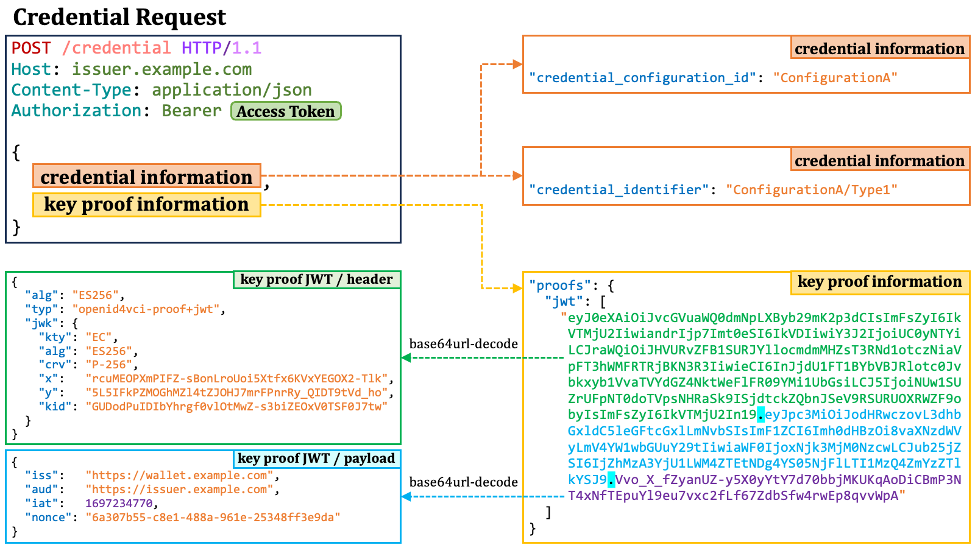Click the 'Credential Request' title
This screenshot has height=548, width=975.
pyautogui.click(x=119, y=17)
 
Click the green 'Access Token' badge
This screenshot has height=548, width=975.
pyautogui.click(x=286, y=111)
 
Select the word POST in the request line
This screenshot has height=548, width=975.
pyautogui.click(x=31, y=48)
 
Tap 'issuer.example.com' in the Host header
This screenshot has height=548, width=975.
pyautogui.click(x=161, y=69)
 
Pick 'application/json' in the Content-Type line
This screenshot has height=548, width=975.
pyautogui.click(x=232, y=90)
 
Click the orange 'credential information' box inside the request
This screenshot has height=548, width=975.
pyautogui.click(x=146, y=177)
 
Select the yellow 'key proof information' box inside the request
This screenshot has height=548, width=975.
pyautogui.click(x=146, y=205)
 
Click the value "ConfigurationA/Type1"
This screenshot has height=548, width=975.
pyautogui.click(x=812, y=190)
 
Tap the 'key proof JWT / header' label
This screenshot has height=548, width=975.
pyautogui.click(x=316, y=279)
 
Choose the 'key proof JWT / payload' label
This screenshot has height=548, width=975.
pyautogui.click(x=316, y=458)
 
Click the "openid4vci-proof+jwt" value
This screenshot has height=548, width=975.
pyautogui.click(x=146, y=309)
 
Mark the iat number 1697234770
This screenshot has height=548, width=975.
pyautogui.click(x=119, y=504)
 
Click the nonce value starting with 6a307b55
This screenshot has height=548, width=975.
pyautogui.click(x=213, y=518)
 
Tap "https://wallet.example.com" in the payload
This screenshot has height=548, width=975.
pyautogui.click(x=179, y=476)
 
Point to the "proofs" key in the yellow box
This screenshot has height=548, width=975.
pyautogui.click(x=556, y=286)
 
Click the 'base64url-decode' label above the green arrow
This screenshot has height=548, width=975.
pyautogui.click(x=463, y=344)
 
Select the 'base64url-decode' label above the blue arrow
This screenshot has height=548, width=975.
pyautogui.click(x=463, y=482)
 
